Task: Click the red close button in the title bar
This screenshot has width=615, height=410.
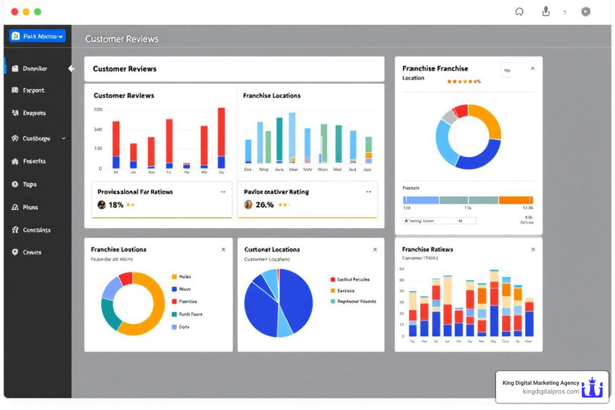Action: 14,12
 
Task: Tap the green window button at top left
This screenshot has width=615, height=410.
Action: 38,12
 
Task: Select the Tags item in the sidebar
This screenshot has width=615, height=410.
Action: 29,184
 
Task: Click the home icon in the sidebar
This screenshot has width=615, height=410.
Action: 15,161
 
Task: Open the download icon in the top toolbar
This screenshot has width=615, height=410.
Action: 546,12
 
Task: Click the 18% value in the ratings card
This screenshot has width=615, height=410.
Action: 116,205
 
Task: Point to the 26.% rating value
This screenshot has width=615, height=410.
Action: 264,205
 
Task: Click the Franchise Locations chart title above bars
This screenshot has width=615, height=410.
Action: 271,96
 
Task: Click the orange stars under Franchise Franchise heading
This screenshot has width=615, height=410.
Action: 463,81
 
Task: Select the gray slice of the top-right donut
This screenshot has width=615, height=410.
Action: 449,117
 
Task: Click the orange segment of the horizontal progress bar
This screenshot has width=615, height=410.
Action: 516,200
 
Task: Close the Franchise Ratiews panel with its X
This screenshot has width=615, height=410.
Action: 533,249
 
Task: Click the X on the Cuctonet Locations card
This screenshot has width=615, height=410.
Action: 375,249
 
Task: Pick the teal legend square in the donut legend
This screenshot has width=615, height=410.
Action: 174,314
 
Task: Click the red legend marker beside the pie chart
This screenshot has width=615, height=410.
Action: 333,279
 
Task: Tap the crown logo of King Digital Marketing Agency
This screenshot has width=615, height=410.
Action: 592,387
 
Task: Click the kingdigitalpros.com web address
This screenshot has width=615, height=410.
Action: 551,392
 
